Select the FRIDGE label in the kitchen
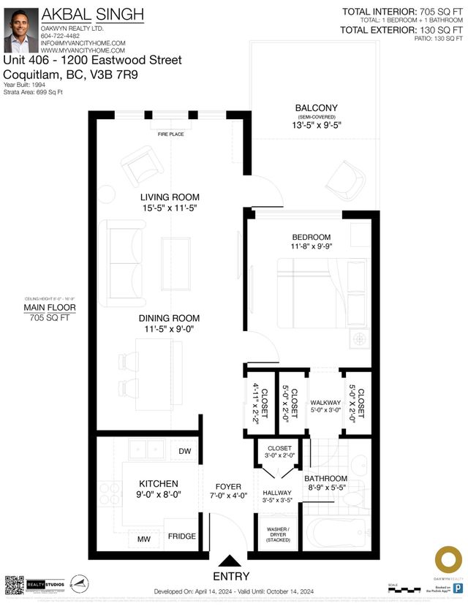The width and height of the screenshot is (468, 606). coord(182,537)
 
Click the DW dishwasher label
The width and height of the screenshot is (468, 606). coord(184,451)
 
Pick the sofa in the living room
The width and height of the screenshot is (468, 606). coord(123,263)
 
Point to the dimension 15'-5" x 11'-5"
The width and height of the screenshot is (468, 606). coord(170,209)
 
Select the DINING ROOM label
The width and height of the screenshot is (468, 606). coord(170,318)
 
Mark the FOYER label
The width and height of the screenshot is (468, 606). coord(228,486)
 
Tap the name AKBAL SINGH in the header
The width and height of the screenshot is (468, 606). coord(92,14)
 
